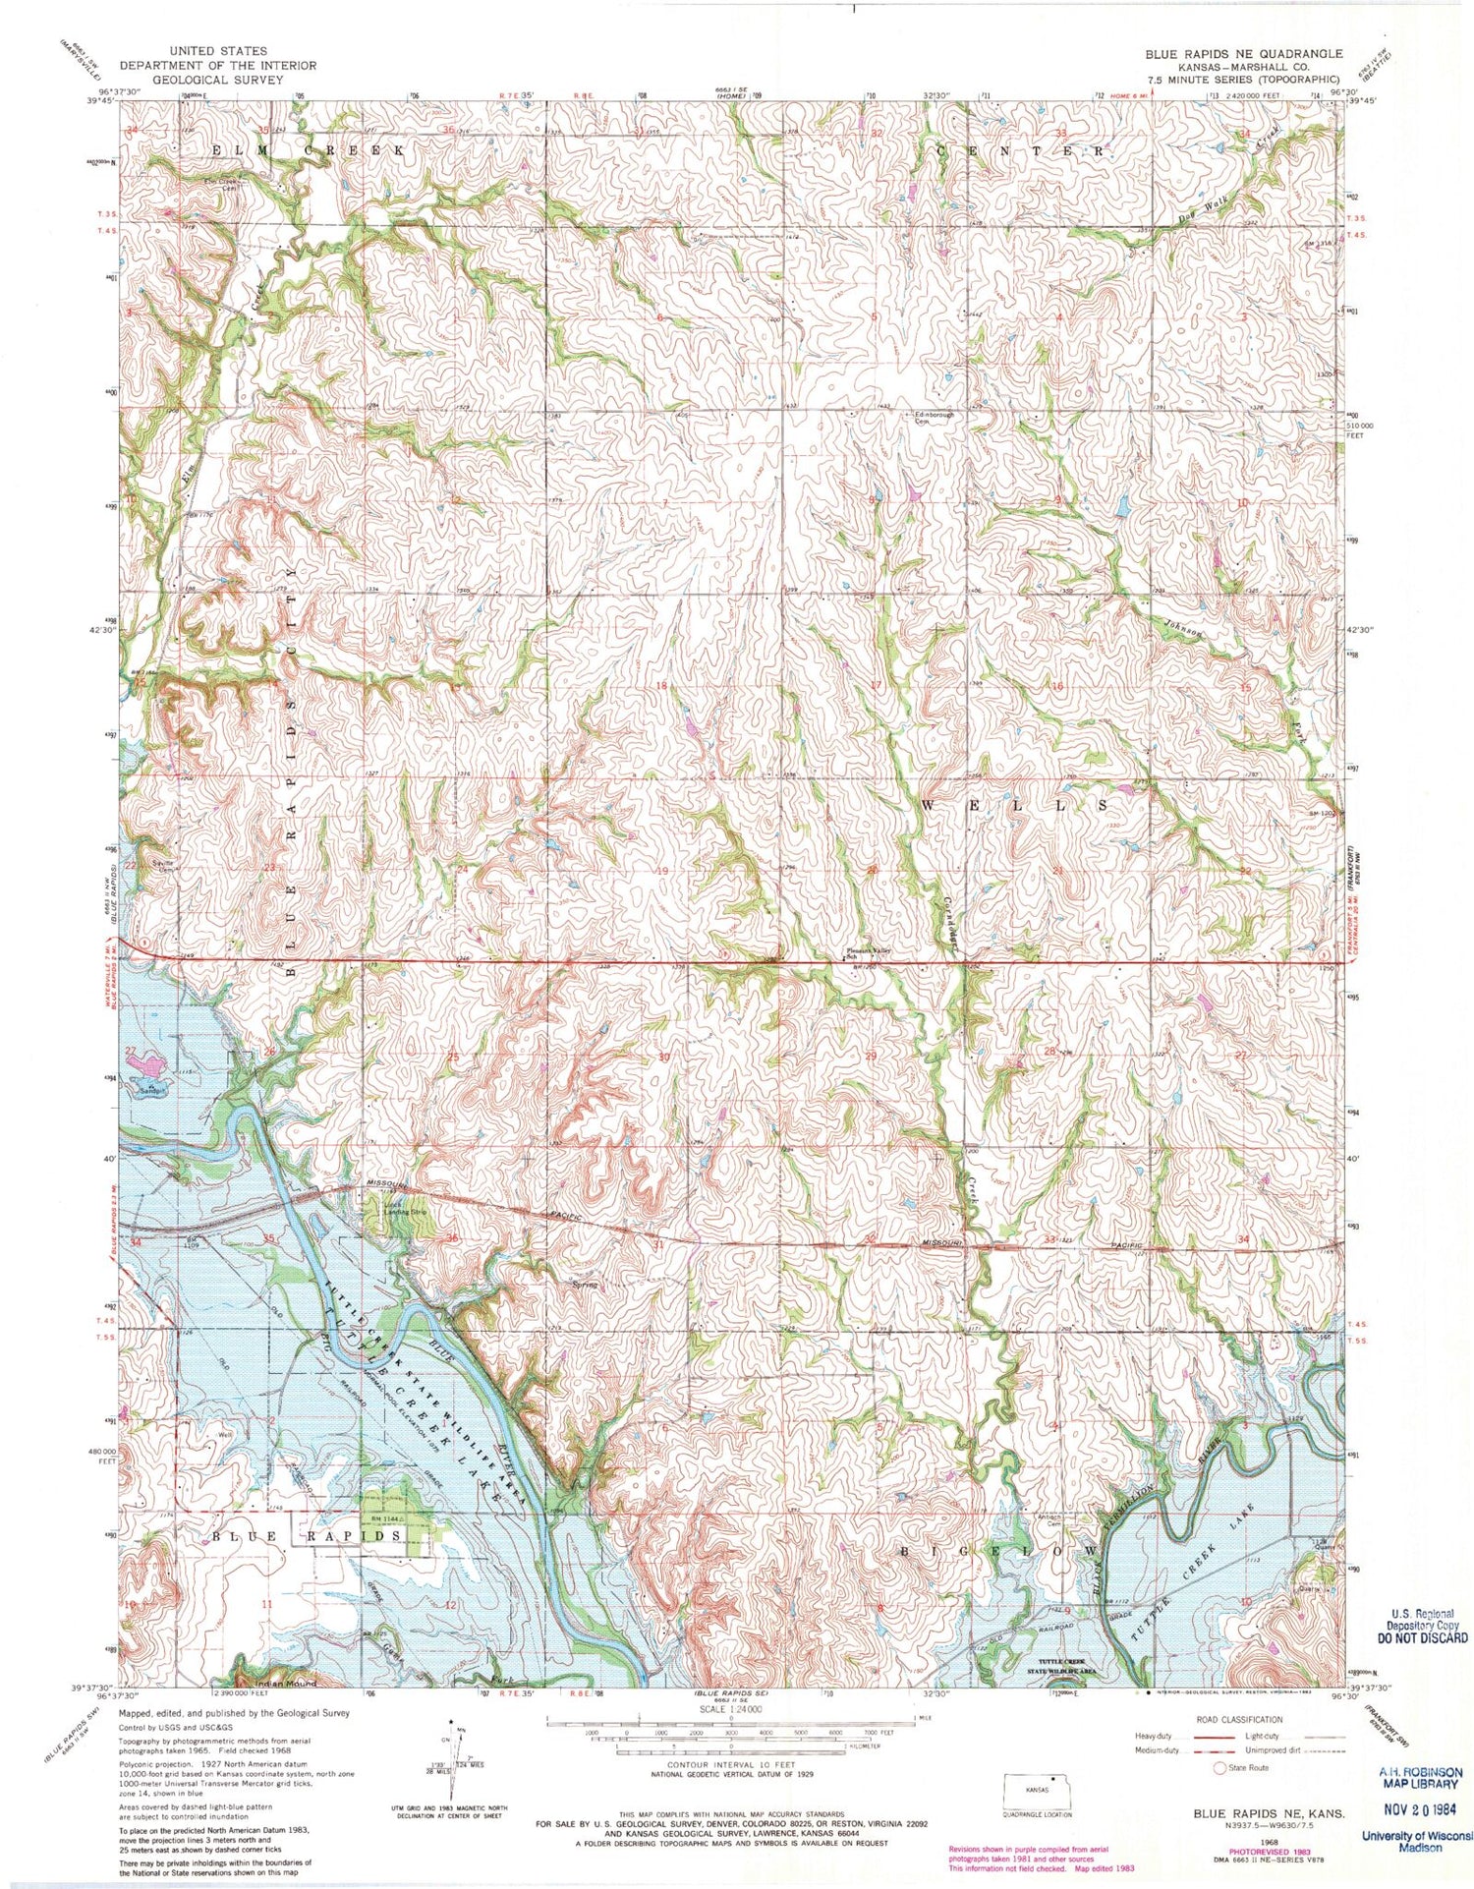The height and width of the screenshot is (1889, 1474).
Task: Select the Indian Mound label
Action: (x=258, y=1685)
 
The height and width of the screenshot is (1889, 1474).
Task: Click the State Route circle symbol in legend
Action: (x=1220, y=1768)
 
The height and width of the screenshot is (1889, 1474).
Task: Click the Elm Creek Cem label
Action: (x=221, y=183)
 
